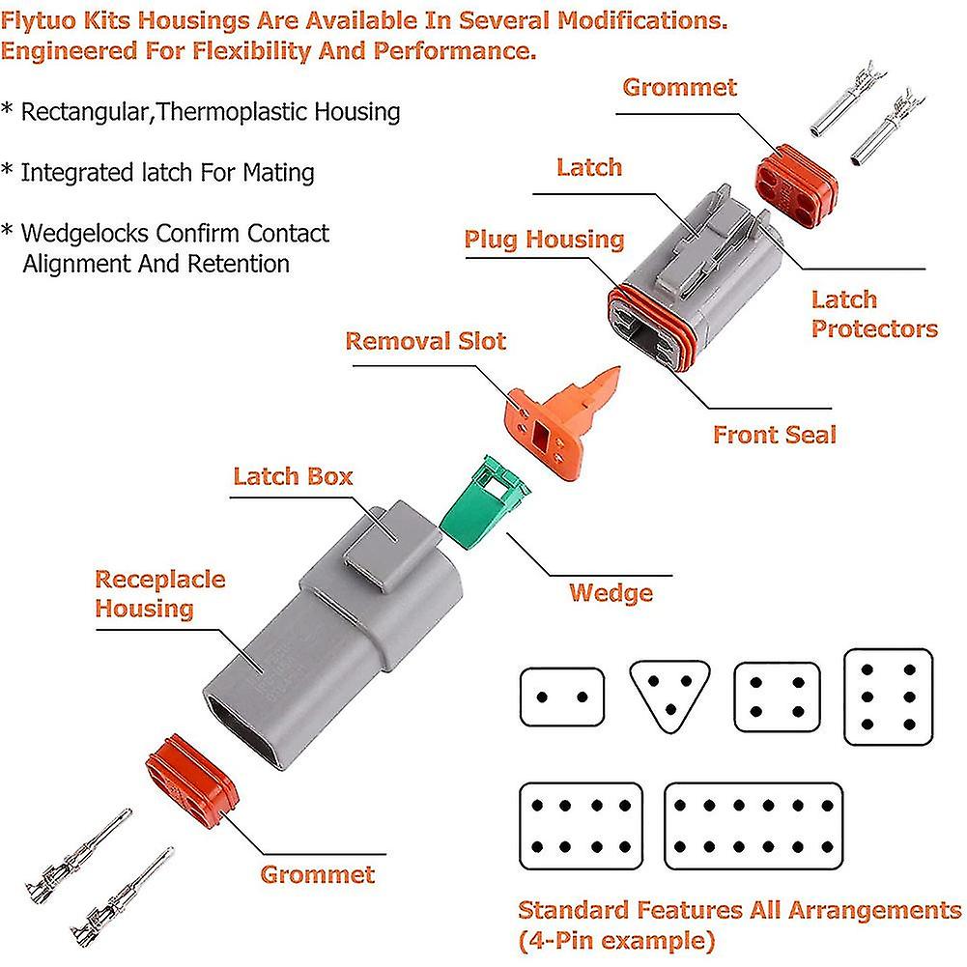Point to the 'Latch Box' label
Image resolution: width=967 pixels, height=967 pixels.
pos(293,476)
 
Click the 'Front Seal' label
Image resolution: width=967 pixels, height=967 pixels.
pos(774,435)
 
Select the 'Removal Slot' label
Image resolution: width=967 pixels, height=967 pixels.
pos(425,341)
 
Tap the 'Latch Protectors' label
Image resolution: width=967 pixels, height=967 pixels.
pos(873,314)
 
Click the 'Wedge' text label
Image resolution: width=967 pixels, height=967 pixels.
pos(611,592)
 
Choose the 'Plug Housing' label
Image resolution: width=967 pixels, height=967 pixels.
pos(544,240)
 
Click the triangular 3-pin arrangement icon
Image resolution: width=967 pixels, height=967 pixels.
pos(668,695)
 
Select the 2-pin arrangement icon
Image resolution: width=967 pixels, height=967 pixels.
pos(561,697)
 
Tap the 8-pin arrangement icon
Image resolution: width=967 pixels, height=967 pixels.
pos(581,826)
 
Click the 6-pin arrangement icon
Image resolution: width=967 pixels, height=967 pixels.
pos(889,696)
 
